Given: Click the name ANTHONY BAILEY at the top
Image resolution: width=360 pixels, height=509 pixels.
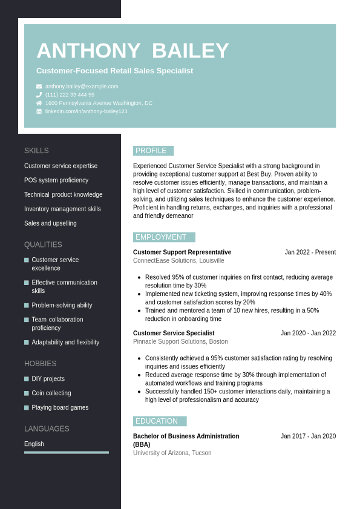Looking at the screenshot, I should tap(133, 51).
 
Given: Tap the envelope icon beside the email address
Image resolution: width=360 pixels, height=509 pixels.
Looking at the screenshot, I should tap(39, 87).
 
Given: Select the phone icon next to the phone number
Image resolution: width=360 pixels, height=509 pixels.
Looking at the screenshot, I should tap(39, 95).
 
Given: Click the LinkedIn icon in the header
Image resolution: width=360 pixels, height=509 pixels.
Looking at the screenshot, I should tap(39, 111).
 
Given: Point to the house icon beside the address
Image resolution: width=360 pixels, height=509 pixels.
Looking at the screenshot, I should tap(39, 103).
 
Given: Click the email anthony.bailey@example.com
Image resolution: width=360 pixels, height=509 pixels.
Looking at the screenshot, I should tap(82, 87).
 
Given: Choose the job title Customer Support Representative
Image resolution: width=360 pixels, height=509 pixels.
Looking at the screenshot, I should tap(182, 252).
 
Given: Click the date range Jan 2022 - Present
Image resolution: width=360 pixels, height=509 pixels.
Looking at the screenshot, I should tap(310, 252).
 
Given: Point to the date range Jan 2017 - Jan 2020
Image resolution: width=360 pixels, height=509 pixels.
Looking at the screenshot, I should tap(308, 436).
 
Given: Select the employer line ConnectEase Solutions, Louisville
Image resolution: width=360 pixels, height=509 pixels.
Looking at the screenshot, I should tap(178, 261).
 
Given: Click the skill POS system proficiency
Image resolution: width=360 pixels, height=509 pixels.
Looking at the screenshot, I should tap(56, 180).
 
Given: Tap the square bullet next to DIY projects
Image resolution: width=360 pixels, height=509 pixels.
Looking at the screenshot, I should tap(27, 379).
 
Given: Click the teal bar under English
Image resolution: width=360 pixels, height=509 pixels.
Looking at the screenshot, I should tap(67, 452).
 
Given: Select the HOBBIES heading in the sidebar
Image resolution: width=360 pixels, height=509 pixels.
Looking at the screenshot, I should tap(40, 364).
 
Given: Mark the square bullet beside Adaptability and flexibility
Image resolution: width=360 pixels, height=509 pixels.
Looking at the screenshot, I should tap(27, 343).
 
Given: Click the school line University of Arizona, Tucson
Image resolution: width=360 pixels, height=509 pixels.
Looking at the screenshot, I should tap(172, 453).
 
